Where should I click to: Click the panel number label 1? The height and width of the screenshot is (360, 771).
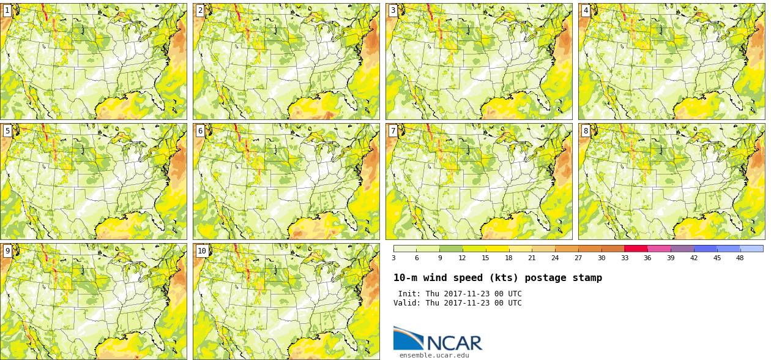(7, 10)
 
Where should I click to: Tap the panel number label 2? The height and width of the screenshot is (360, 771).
(200, 10)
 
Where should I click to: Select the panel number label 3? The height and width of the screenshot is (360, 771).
(393, 10)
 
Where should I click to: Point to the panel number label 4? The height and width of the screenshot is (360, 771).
(586, 10)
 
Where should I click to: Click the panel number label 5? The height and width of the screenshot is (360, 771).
(7, 131)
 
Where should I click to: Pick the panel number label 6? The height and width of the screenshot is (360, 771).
(200, 131)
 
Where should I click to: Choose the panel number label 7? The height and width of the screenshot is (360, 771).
(393, 131)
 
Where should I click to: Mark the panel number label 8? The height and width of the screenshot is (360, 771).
(586, 131)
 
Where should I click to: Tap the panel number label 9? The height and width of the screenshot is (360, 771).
(7, 251)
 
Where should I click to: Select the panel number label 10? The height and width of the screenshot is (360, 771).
(202, 251)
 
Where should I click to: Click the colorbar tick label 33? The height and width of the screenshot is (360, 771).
(624, 258)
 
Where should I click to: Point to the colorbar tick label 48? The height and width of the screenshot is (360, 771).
(740, 258)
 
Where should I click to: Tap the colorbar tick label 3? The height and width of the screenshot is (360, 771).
(393, 258)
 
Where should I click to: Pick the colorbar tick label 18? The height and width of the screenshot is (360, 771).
(508, 258)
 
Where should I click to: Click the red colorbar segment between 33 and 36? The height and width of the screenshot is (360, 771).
(636, 249)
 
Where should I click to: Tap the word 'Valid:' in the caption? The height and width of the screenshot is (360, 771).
(406, 303)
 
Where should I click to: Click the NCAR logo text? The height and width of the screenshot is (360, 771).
(454, 343)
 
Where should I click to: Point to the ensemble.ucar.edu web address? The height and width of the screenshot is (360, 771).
(434, 355)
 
